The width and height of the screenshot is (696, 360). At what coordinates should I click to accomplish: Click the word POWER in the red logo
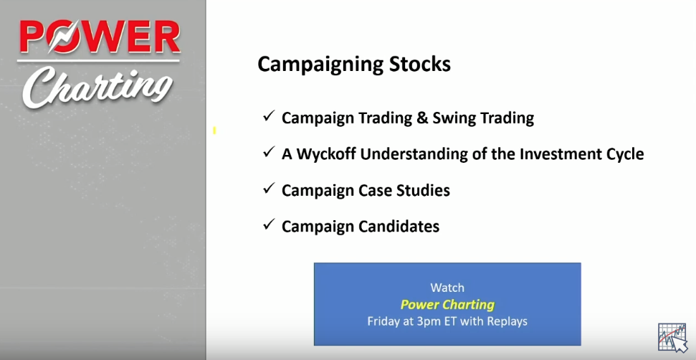[x=100, y=37]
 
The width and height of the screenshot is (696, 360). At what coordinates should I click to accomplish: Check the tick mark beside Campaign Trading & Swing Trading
[x=269, y=116]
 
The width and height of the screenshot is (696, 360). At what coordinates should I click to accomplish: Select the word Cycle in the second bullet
[x=623, y=155]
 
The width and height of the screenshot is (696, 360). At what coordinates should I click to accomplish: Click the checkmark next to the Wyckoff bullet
[x=269, y=152]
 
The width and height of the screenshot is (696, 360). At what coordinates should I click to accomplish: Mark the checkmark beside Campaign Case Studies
[x=269, y=189]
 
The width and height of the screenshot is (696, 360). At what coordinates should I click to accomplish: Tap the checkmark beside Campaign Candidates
[x=269, y=224]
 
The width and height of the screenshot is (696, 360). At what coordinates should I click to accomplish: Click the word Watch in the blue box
[x=447, y=288]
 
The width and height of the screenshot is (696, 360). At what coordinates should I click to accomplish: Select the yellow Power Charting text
[x=447, y=305]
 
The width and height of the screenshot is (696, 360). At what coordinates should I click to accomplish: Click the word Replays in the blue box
[x=505, y=321]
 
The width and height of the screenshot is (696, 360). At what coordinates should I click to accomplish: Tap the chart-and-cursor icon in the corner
[x=672, y=337]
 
